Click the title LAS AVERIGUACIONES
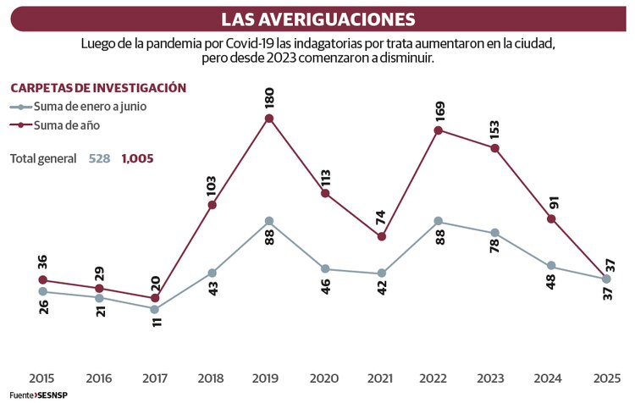(317, 19)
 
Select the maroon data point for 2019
(268, 119)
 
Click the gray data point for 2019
(268, 221)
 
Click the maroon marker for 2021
(382, 237)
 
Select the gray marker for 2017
(155, 309)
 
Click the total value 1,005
(137, 158)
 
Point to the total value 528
(100, 158)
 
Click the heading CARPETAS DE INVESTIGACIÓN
(97, 87)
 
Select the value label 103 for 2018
(212, 185)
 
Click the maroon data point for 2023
(494, 148)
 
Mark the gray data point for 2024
(551, 266)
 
